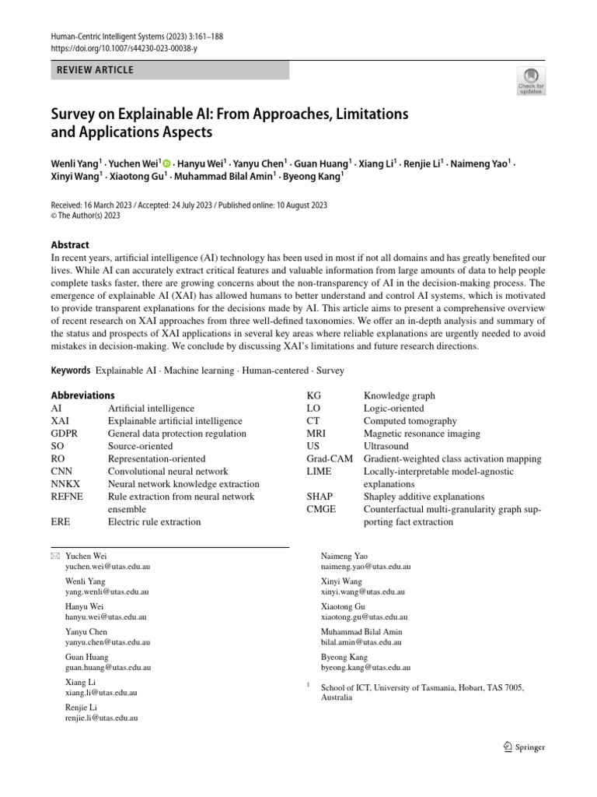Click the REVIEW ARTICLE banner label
click(96, 70)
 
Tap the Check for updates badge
click(531, 81)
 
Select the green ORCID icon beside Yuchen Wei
click(167, 163)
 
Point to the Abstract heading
click(70, 244)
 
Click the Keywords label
click(71, 370)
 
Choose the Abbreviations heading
click(82, 395)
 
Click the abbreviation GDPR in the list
click(65, 434)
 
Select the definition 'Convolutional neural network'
click(168, 471)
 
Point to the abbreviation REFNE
click(68, 497)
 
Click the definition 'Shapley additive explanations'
click(424, 497)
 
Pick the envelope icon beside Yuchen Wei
click(54, 556)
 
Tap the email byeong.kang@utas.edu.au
click(365, 668)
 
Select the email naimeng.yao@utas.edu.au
click(366, 567)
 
